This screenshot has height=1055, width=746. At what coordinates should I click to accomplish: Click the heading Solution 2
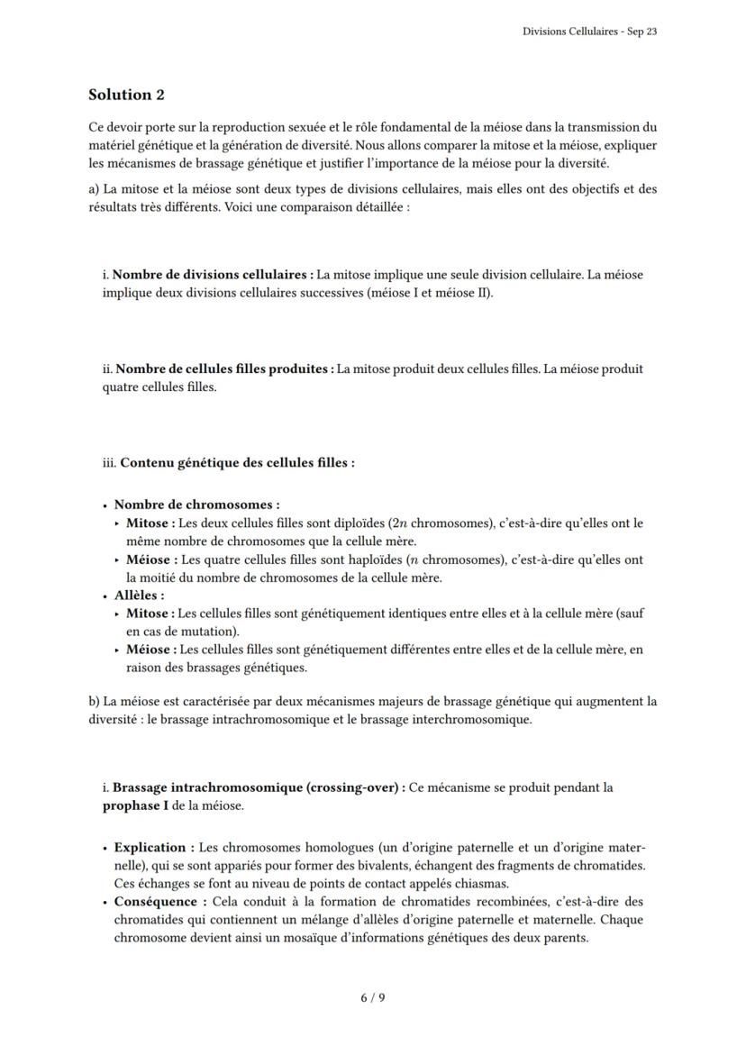[126, 95]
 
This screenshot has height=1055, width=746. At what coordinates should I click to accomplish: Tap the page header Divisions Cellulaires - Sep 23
[589, 32]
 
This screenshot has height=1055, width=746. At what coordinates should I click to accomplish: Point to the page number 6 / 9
[373, 997]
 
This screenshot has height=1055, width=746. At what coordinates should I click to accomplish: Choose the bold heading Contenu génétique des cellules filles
[236, 463]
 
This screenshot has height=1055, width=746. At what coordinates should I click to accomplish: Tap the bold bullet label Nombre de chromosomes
[196, 505]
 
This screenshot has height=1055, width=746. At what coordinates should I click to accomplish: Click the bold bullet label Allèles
[138, 596]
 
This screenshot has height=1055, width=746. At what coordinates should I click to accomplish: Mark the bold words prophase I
[135, 805]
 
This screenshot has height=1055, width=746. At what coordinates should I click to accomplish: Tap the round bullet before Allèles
[105, 596]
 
